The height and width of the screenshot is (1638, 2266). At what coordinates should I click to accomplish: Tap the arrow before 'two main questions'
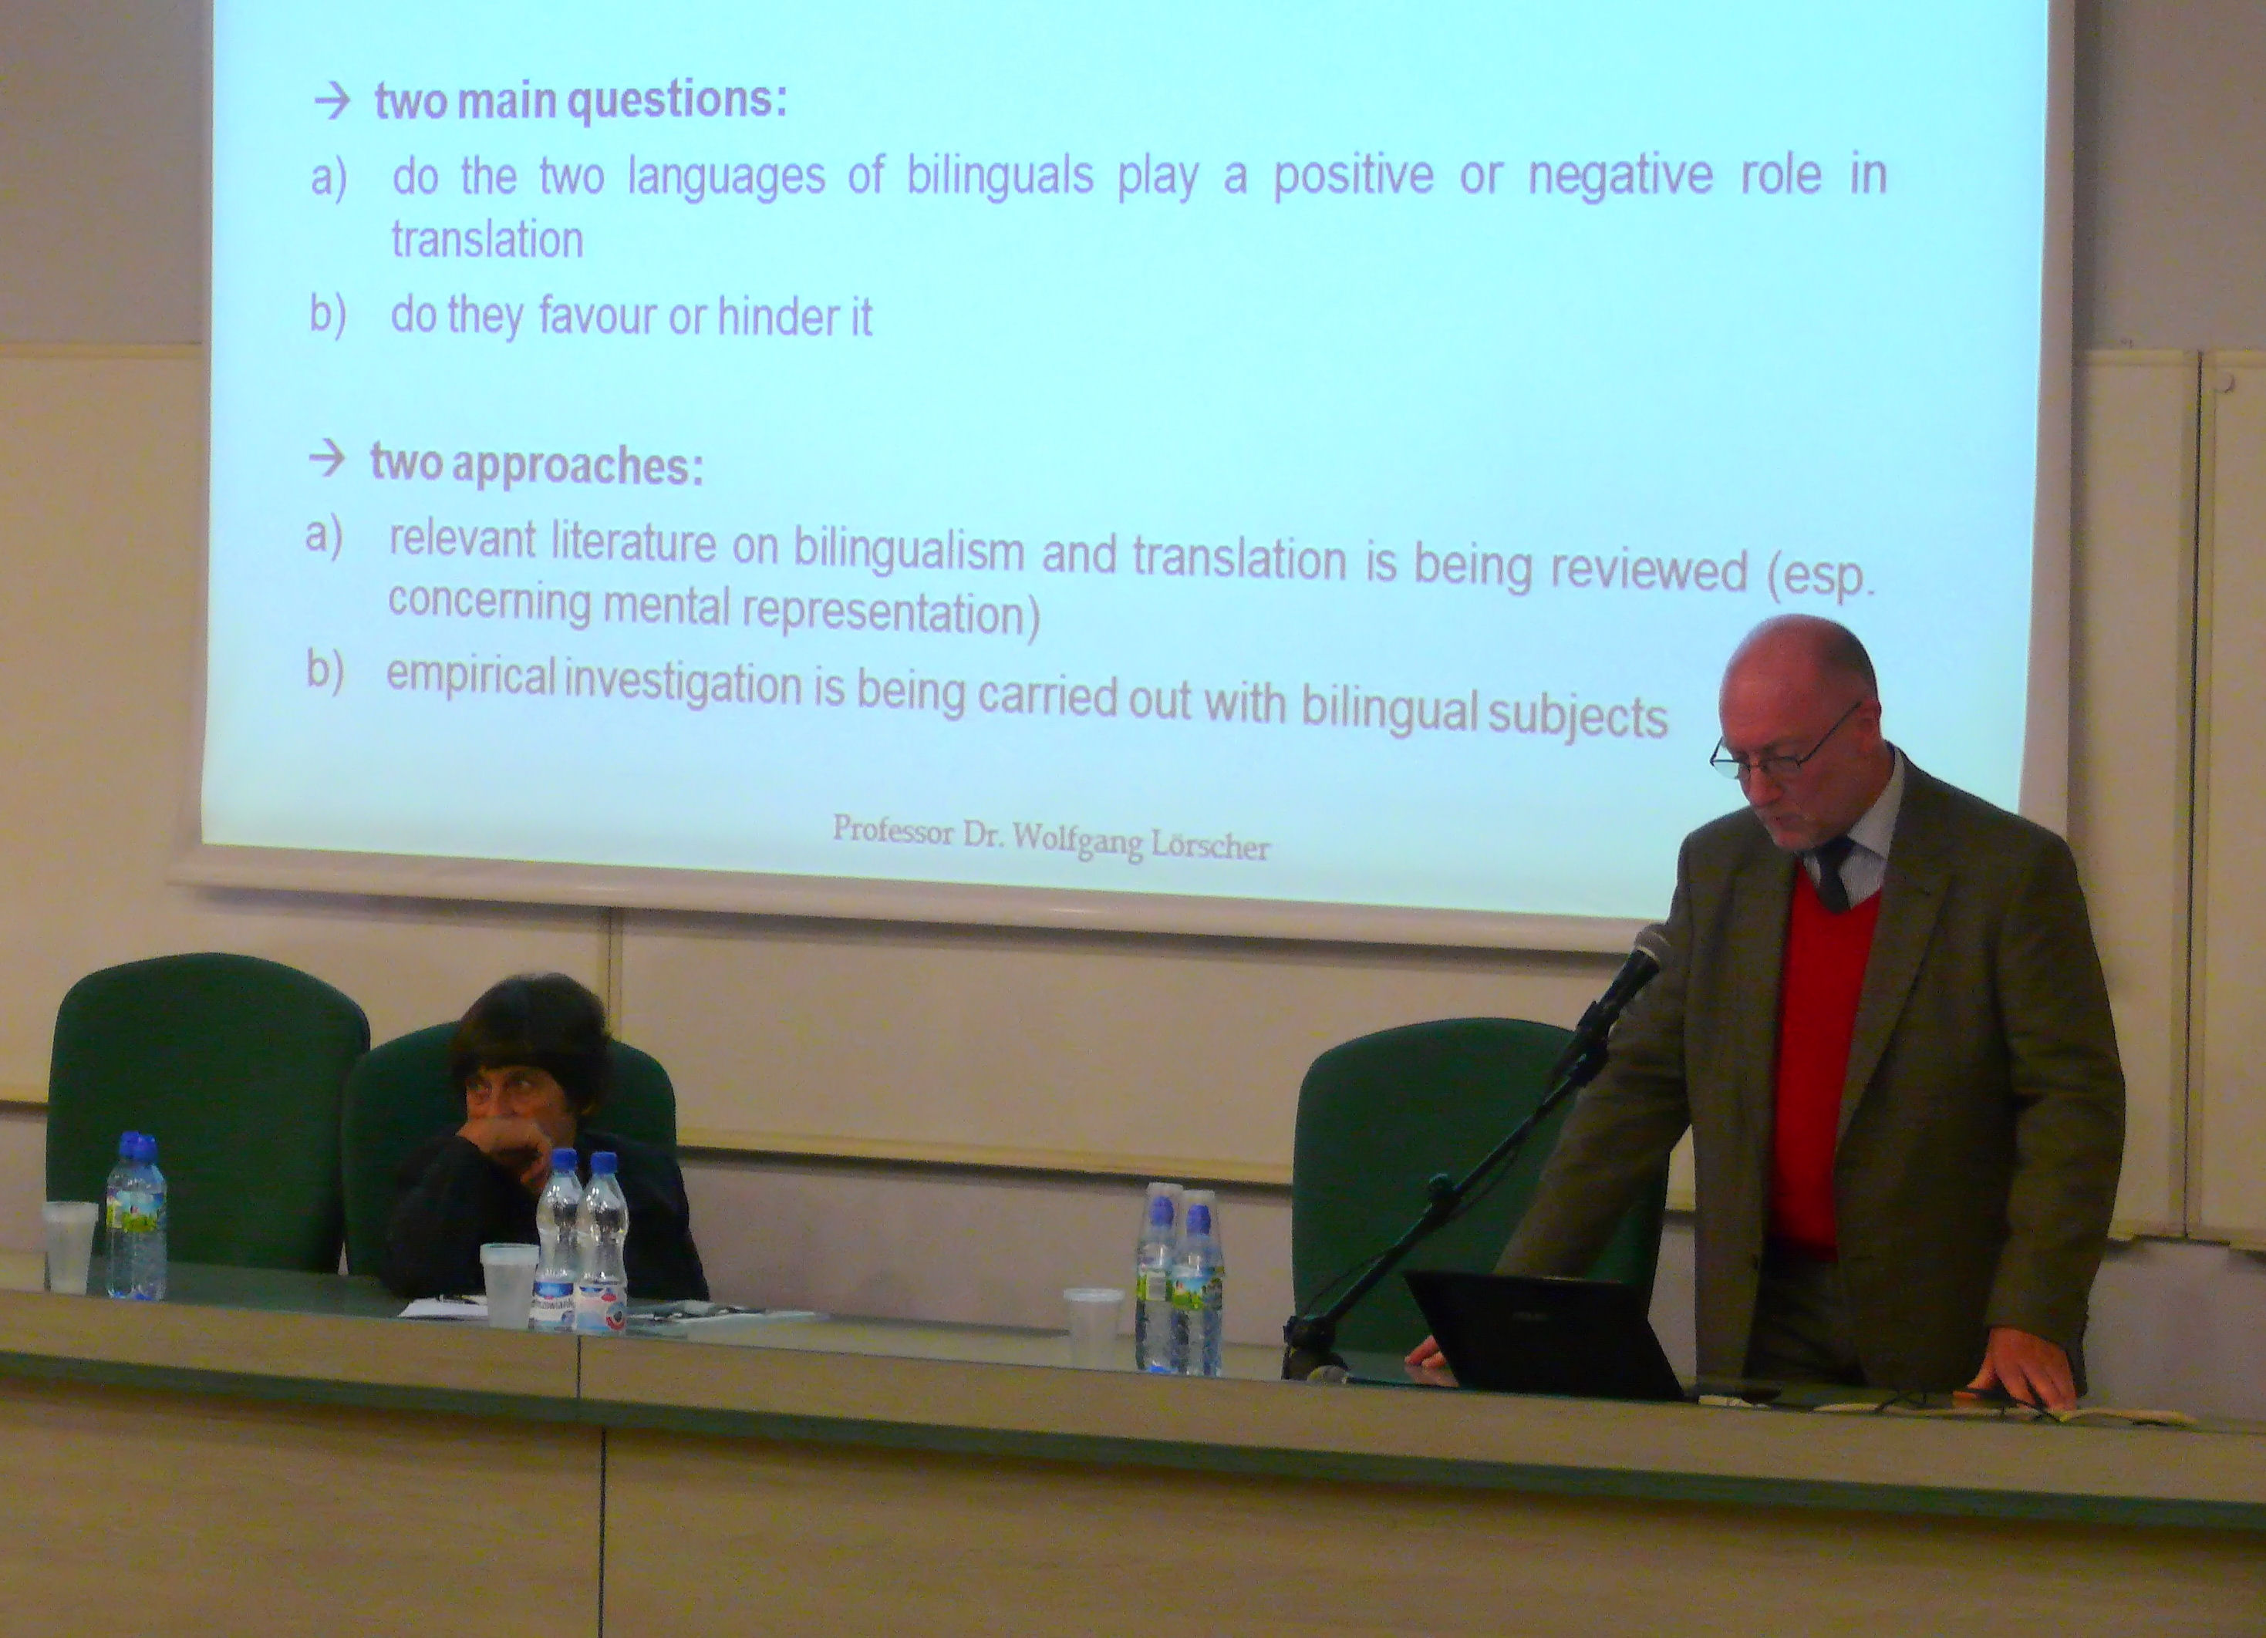click(332, 101)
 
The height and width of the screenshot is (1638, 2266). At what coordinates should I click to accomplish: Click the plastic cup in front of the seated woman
click(510, 1285)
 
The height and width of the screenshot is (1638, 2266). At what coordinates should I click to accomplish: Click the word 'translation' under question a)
click(487, 241)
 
